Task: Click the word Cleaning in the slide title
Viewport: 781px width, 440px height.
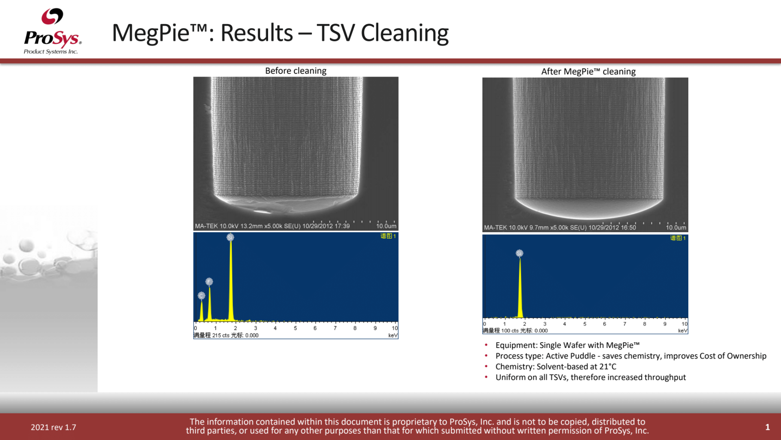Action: click(404, 33)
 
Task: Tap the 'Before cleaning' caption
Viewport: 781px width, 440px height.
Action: click(296, 71)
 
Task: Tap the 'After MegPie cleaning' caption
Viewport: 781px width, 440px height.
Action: click(588, 72)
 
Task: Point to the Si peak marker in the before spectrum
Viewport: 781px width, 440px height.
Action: click(230, 238)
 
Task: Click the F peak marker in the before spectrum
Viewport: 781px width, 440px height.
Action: click(209, 282)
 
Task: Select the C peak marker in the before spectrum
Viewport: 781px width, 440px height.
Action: click(201, 295)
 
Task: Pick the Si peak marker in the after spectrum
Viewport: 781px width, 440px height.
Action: click(519, 253)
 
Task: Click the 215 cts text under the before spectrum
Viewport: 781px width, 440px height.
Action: click(221, 335)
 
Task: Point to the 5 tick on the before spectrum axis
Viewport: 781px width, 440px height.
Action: click(295, 328)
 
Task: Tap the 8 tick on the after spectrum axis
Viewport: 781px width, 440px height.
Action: click(644, 324)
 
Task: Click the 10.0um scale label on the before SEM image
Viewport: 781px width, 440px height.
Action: click(386, 226)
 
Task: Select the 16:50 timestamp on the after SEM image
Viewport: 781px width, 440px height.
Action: click(628, 228)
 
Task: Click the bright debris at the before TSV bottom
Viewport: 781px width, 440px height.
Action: click(263, 211)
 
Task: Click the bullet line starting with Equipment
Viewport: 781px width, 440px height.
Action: click(567, 345)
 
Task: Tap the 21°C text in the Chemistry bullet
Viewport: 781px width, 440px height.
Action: click(608, 367)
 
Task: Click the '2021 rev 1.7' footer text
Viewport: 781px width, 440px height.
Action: click(53, 427)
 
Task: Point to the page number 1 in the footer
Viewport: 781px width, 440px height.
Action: click(767, 427)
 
